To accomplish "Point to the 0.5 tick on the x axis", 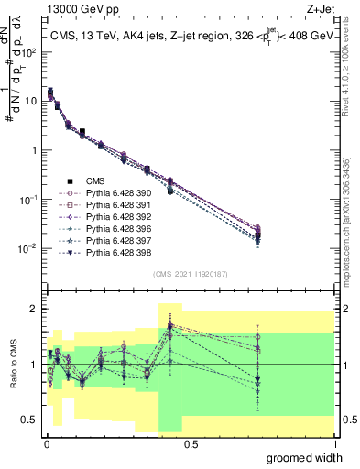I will click(x=191, y=443).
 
